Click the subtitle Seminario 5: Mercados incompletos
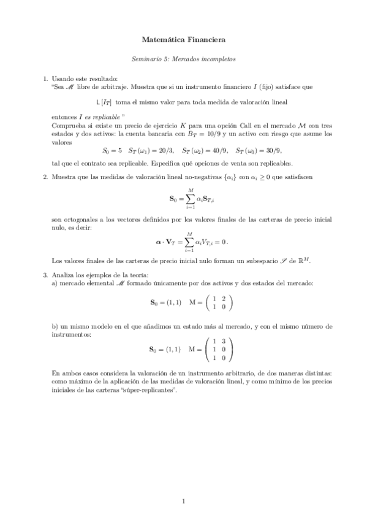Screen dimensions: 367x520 pos(184,59)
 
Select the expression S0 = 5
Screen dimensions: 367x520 pos(112,150)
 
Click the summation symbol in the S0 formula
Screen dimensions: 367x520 pos(190,199)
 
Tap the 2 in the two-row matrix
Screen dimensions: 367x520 pos(224,299)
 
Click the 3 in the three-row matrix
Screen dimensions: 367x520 pos(224,341)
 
